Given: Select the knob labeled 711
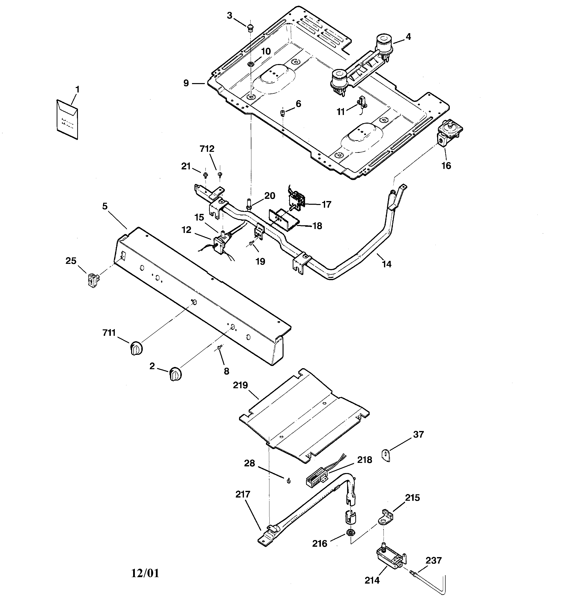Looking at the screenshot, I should pos(136,348).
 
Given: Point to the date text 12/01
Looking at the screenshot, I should pos(145,573).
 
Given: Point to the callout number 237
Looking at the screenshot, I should pos(433,560).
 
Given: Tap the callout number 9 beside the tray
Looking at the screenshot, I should pos(186,83).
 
